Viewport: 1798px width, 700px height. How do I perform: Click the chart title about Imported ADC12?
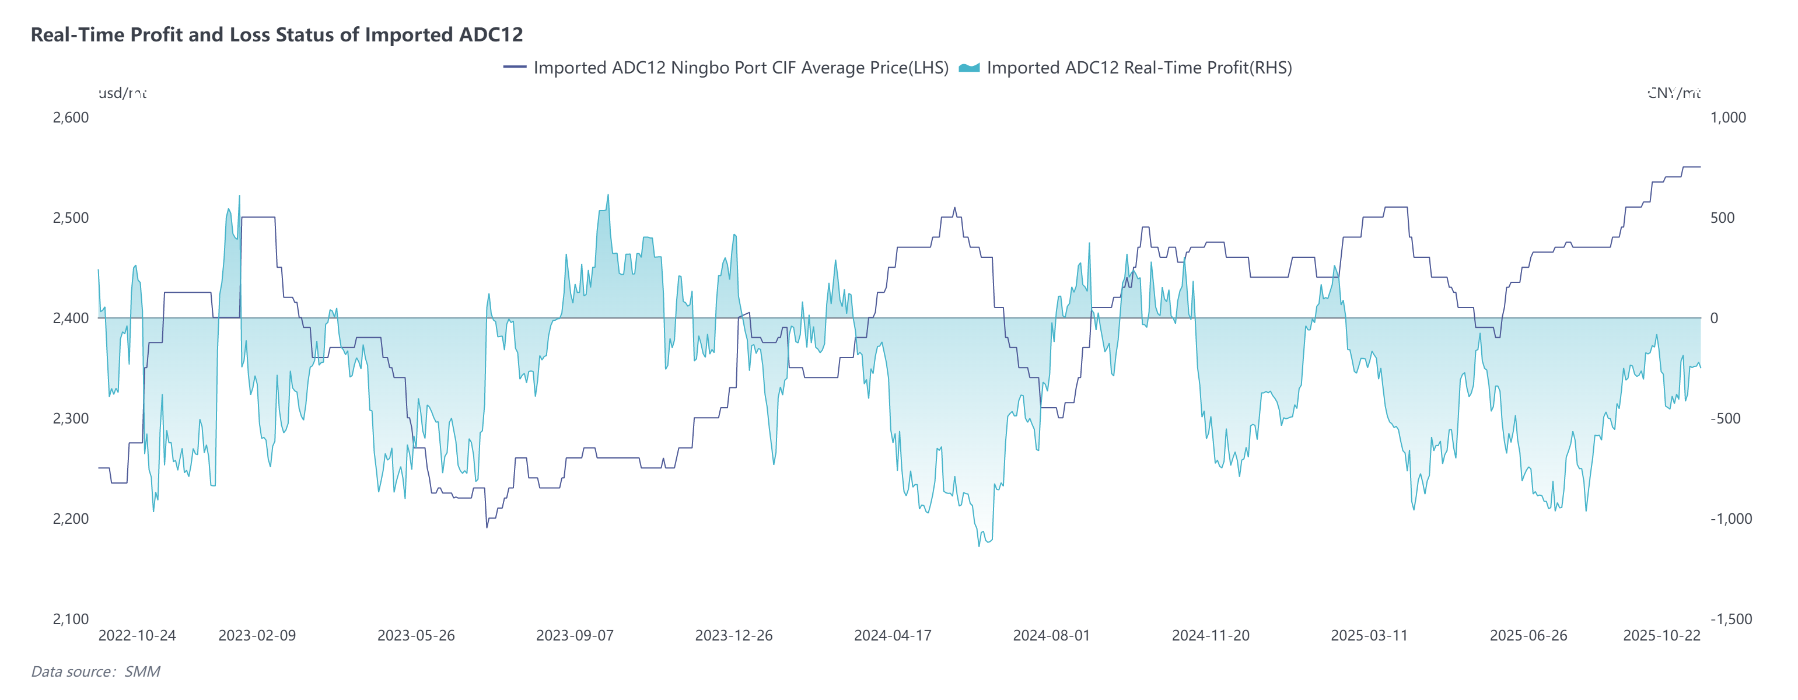point(277,35)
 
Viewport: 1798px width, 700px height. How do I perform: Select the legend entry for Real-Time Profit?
point(1138,68)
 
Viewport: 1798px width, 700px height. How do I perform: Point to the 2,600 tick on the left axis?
point(71,117)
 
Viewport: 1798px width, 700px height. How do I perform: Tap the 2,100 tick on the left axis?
point(71,619)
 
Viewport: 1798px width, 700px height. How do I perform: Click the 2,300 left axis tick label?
point(71,418)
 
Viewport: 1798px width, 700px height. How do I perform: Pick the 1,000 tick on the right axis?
point(1727,117)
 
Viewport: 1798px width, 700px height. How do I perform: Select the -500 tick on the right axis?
point(1724,418)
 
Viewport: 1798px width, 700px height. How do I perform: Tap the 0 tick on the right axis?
point(1713,318)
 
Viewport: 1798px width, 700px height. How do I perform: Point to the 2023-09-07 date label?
point(575,636)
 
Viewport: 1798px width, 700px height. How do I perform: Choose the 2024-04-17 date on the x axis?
point(892,636)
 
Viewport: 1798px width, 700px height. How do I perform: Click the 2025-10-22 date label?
point(1661,636)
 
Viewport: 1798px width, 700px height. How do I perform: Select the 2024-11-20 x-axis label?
point(1211,636)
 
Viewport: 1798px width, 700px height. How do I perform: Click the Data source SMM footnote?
point(96,671)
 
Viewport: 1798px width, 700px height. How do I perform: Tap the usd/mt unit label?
point(122,93)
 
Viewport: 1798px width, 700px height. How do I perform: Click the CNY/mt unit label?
point(1674,93)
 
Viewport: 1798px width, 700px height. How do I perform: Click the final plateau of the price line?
point(1691,167)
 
